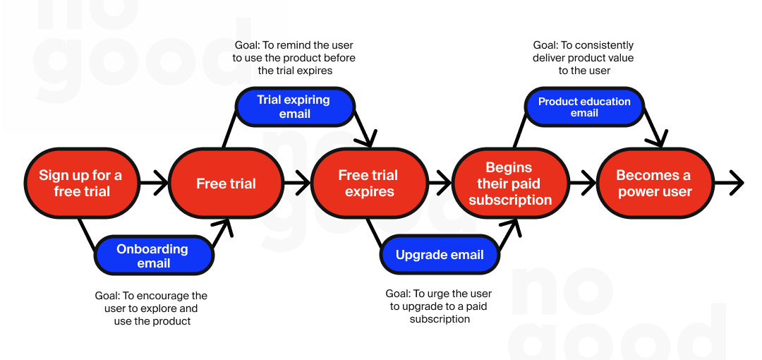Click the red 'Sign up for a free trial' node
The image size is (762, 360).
(80, 184)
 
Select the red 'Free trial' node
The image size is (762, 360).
(226, 184)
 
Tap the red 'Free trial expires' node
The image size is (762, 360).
(368, 184)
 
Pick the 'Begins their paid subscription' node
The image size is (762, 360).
(509, 184)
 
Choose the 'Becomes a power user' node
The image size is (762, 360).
(655, 184)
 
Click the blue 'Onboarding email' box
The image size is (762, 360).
(154, 256)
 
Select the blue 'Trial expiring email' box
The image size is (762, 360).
(294, 107)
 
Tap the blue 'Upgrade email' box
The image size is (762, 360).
(440, 255)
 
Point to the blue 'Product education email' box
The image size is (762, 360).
(584, 107)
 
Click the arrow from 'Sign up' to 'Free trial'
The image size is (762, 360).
(154, 184)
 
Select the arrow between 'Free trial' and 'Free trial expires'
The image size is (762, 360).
(296, 184)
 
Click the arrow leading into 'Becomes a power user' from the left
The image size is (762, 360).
(583, 184)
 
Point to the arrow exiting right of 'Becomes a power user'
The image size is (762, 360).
(730, 184)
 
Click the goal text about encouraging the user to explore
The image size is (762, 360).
(152, 308)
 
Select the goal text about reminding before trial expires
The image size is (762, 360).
(294, 58)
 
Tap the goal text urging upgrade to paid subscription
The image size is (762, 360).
(439, 306)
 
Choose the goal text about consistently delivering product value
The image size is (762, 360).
(583, 58)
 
